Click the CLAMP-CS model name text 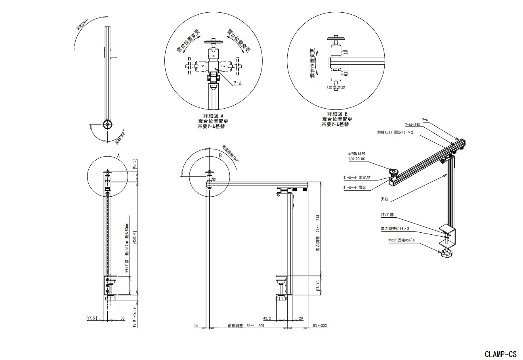500,353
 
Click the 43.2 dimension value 268,318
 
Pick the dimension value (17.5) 92,318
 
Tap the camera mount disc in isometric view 395,171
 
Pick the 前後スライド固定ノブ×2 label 395,132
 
